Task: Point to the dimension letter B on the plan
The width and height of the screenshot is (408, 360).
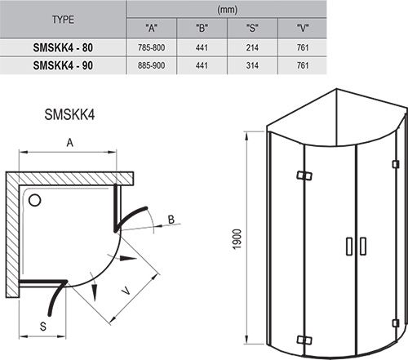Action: click(x=171, y=219)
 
